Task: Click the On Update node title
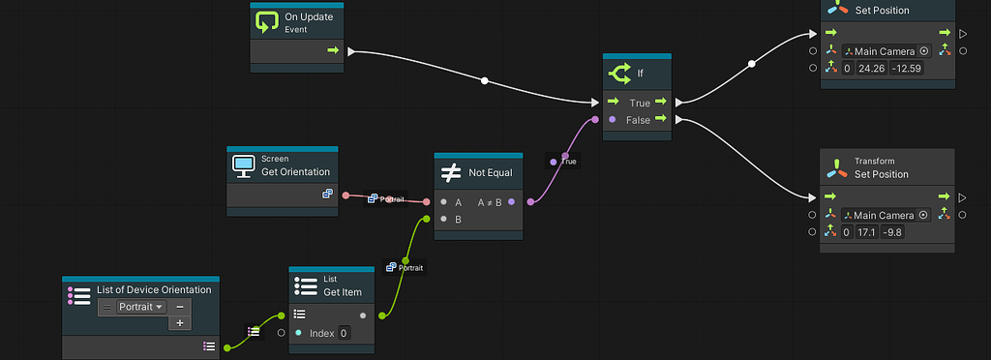[309, 16]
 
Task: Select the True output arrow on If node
[660, 102]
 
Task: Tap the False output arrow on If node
[660, 119]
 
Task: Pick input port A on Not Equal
[442, 202]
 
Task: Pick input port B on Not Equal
[442, 220]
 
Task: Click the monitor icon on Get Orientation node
[243, 166]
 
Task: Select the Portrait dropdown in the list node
[141, 307]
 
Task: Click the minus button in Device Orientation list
[179, 307]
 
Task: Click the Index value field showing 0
[344, 333]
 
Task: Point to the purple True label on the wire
[568, 161]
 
